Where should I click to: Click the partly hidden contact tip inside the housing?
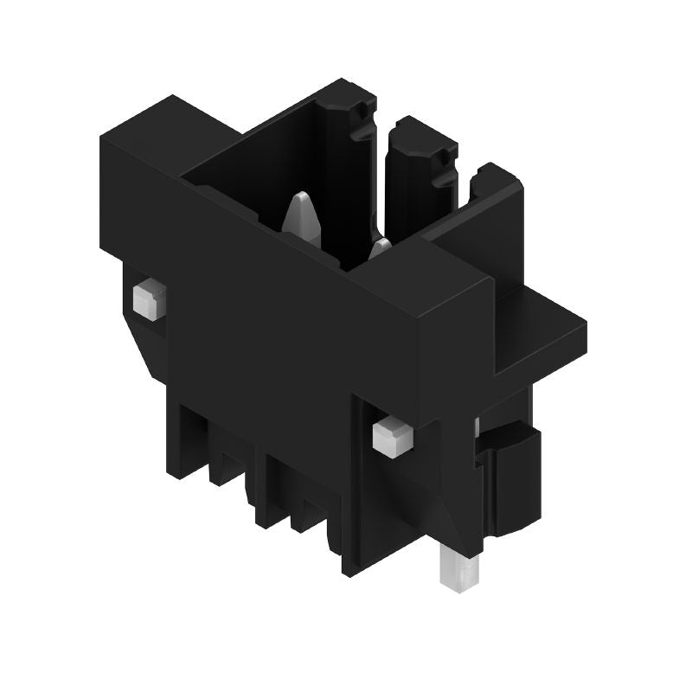click(380, 251)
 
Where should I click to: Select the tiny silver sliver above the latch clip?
click(477, 425)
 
